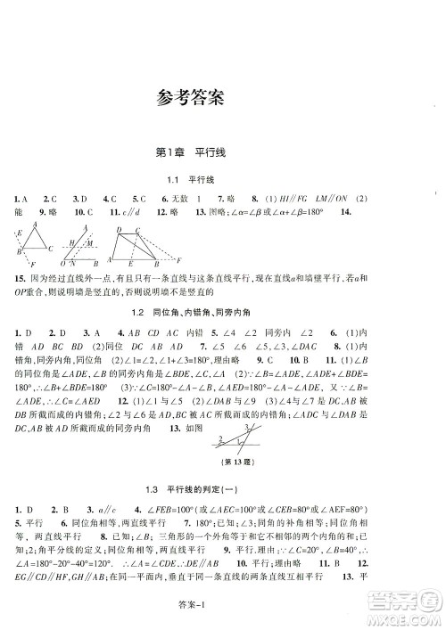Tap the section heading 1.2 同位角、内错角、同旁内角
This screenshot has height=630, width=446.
click(x=223, y=313)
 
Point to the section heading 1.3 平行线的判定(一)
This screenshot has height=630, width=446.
click(x=222, y=489)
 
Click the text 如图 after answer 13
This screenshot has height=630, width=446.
click(x=200, y=430)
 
